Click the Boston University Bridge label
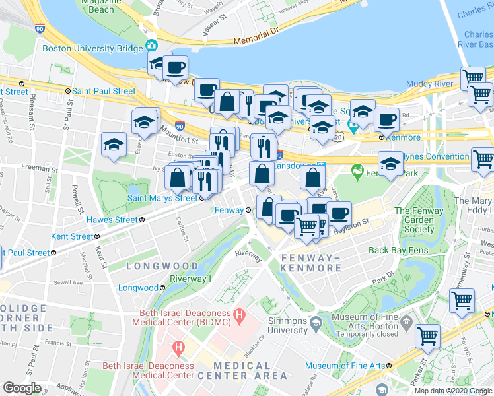[x=92, y=48]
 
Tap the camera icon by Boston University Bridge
[x=152, y=46]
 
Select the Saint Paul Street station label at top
[x=104, y=91]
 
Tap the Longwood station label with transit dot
[x=138, y=288]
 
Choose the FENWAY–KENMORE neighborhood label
[x=310, y=262]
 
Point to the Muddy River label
[x=430, y=84]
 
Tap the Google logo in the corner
[x=22, y=387]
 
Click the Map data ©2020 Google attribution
[x=453, y=391]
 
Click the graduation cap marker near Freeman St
[x=114, y=146]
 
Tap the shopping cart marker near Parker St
[x=427, y=335]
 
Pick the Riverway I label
[x=190, y=279]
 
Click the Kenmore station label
[x=404, y=137]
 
